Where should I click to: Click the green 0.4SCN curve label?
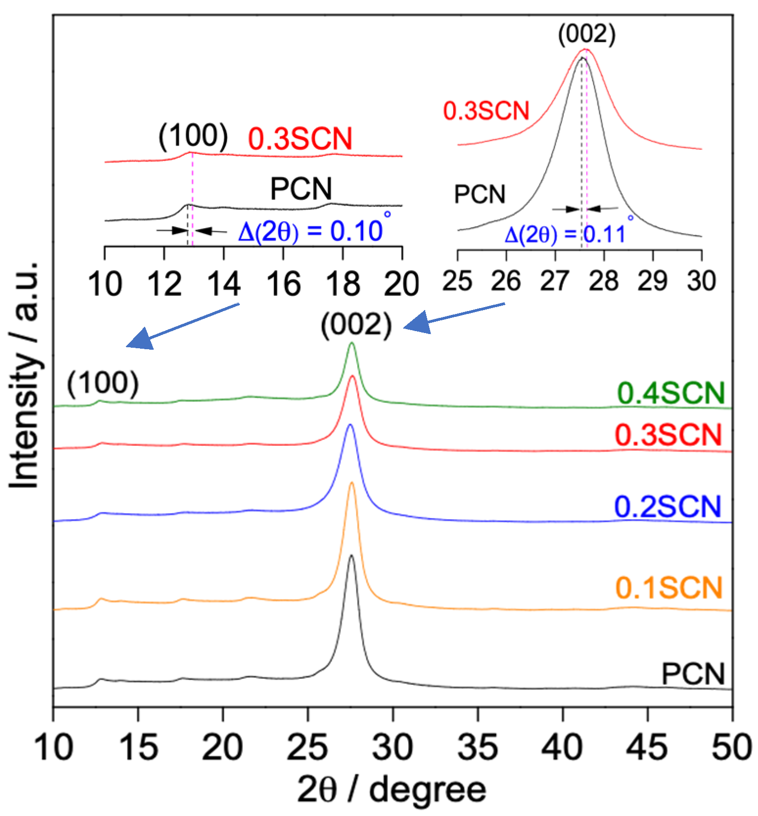click(x=670, y=393)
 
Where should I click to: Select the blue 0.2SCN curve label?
click(x=667, y=506)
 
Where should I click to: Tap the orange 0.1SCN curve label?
click(x=669, y=587)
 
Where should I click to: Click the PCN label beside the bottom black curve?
click(x=693, y=674)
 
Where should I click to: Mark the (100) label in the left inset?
click(x=193, y=137)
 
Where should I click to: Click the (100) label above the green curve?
click(x=103, y=384)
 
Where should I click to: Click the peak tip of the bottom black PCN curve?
click(x=351, y=555)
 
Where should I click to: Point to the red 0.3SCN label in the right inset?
click(x=486, y=111)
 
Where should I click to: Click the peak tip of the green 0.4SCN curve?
click(x=351, y=343)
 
